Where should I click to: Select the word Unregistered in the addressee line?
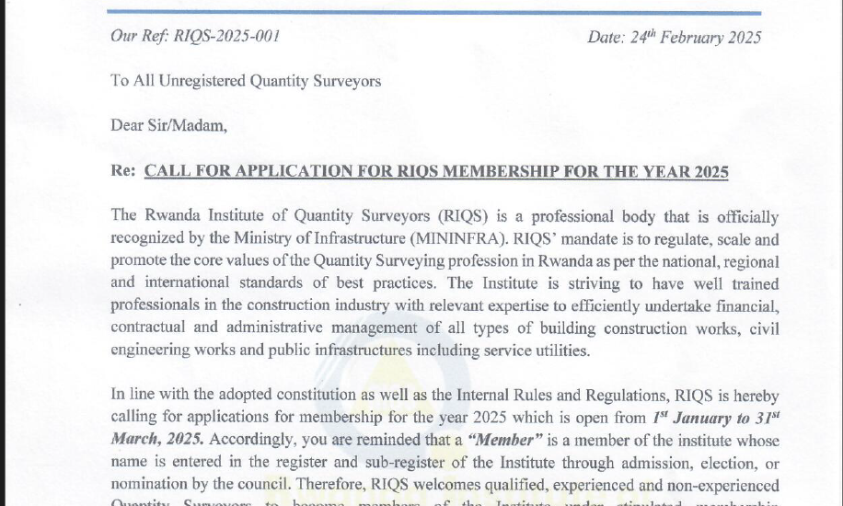pos(200,81)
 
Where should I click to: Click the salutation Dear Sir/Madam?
pos(168,125)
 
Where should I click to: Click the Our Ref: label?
pos(138,37)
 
